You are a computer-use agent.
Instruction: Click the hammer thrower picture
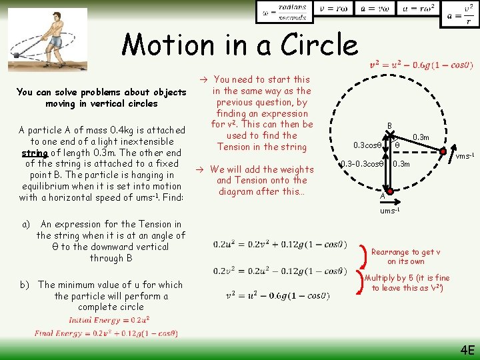pyautogui.click(x=47, y=39)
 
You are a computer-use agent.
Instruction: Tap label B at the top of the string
pyautogui.click(x=389, y=125)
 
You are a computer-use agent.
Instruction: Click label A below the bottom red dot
pyautogui.click(x=382, y=196)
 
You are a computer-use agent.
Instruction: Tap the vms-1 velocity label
pyautogui.click(x=465, y=157)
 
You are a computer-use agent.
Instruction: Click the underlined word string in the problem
pyautogui.click(x=33, y=153)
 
